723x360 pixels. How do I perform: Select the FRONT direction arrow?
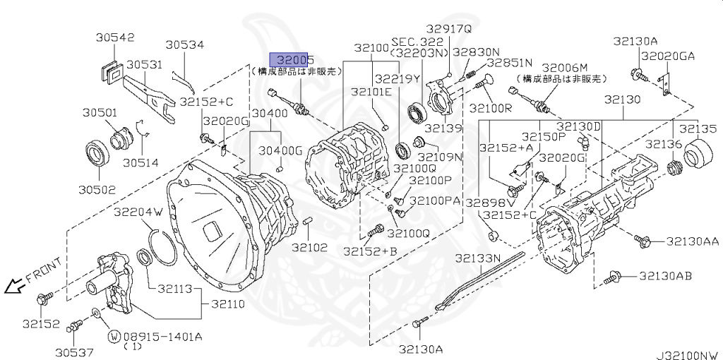tap(13, 287)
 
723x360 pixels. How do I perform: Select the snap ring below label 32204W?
tap(167, 244)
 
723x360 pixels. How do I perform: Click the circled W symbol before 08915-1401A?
tap(113, 337)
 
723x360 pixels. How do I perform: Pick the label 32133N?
tap(477, 258)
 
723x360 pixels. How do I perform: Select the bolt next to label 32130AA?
tap(642, 241)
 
